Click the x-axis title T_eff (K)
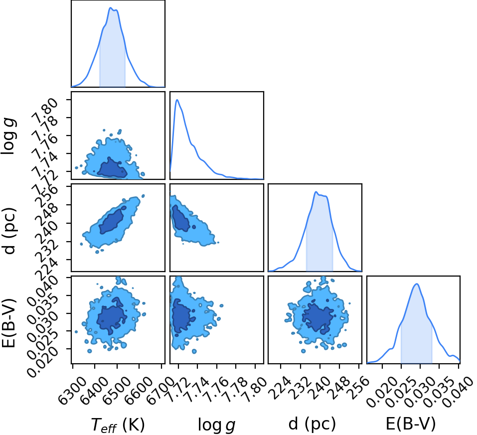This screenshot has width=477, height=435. pos(118,425)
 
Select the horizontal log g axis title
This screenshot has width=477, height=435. pos(217,425)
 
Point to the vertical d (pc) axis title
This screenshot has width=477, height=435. pos(9,231)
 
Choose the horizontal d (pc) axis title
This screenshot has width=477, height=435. pos(312,424)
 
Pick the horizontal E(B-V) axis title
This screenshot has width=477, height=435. pos(411,424)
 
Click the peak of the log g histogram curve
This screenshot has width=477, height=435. pos(177,100)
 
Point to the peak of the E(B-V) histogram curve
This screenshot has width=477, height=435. pos(417,284)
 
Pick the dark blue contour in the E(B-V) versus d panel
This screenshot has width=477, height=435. pos(318,316)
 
